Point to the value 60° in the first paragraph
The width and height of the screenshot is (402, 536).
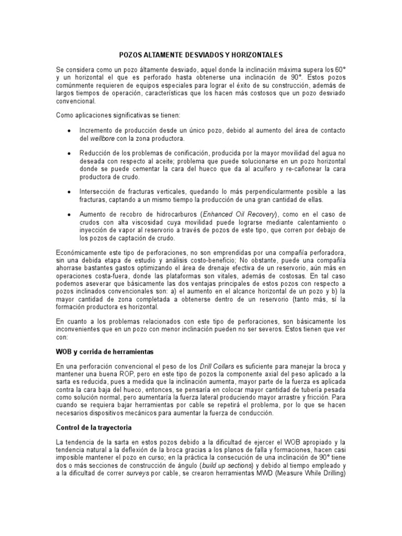click(x=339, y=69)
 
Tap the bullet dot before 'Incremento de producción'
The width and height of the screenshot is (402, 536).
click(x=69, y=130)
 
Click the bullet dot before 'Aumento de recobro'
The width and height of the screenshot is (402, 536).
click(x=69, y=215)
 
